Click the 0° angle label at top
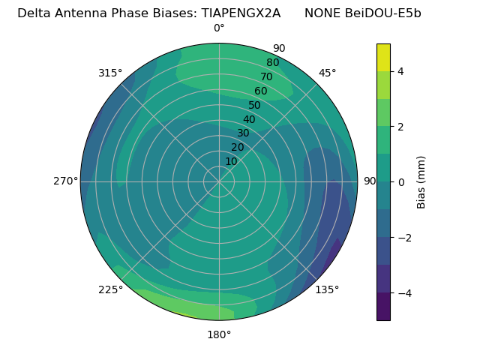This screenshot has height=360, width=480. [219, 28]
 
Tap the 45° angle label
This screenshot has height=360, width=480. [328, 73]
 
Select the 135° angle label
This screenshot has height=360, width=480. [327, 289]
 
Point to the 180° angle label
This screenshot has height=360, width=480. [219, 334]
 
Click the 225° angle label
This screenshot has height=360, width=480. [110, 290]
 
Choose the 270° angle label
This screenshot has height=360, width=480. [65, 181]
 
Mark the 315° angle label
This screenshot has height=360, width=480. [110, 73]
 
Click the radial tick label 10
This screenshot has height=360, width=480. [232, 161]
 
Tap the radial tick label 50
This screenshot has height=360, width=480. [254, 105]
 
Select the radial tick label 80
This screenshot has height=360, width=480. [272, 62]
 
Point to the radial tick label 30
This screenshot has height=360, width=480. [243, 133]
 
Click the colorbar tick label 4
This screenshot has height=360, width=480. [401, 71]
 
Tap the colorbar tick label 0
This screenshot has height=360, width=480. [401, 182]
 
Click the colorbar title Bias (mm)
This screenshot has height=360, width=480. [421, 182]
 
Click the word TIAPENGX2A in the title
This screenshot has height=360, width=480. [241, 13]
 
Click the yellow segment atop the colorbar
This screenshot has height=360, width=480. [383, 57]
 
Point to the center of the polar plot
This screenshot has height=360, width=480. [219, 181]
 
